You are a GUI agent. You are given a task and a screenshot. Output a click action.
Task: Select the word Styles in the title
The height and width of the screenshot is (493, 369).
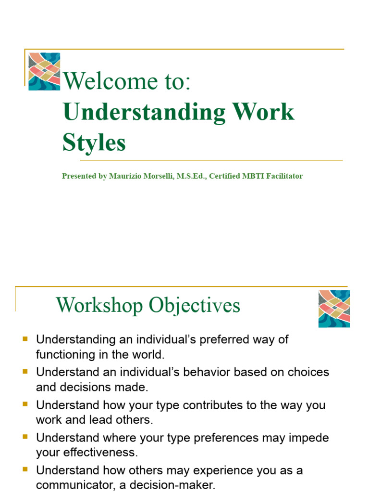coord(94,143)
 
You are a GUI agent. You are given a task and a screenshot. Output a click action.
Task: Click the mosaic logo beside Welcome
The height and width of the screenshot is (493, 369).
coord(44,71)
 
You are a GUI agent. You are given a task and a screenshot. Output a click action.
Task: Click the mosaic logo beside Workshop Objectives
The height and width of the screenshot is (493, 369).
coord(334,309)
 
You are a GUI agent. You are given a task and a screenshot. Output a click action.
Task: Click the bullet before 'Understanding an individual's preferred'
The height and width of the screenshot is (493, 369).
coord(25,339)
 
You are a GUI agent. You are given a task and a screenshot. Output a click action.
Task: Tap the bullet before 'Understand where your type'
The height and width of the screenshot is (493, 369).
coord(25,437)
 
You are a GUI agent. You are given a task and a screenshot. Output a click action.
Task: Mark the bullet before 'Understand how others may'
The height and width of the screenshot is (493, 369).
coord(25,470)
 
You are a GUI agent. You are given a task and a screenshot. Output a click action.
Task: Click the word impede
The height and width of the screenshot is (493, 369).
coord(309,438)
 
